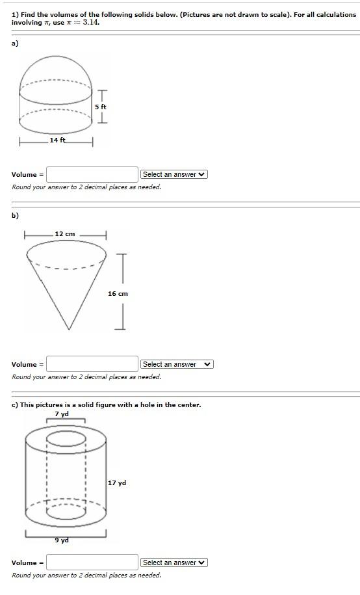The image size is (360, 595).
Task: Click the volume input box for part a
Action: pos(92,174)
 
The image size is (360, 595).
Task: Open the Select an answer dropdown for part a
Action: pos(174,174)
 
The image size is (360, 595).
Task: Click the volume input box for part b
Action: pos(92,364)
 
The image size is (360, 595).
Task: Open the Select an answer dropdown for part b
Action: pos(177,364)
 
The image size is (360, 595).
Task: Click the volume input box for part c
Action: pos(92,562)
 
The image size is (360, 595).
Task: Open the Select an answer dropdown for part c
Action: pos(174,562)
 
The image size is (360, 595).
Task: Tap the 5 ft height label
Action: pos(101,107)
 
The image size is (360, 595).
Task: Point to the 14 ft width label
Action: pos(58,140)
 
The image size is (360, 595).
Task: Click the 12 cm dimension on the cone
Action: pos(65,234)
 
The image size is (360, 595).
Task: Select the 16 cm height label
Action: pos(118,294)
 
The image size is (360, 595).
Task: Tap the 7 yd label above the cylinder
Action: pos(62,414)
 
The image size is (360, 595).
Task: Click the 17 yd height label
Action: pos(118,483)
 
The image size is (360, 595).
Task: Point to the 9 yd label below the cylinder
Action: pos(62,540)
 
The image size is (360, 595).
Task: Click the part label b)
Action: pos(15,215)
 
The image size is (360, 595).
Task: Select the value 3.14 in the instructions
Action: pos(91,22)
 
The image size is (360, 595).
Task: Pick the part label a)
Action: pos(15,43)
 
